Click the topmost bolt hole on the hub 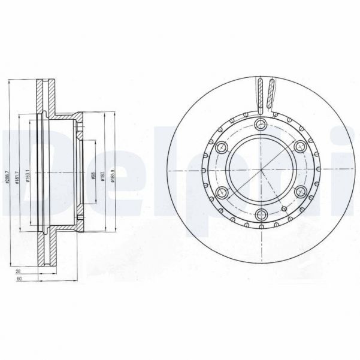tap(261, 125)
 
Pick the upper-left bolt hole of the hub tap(221, 147)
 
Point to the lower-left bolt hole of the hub tap(222, 192)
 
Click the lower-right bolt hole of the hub tap(301, 193)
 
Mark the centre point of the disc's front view tap(262, 171)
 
